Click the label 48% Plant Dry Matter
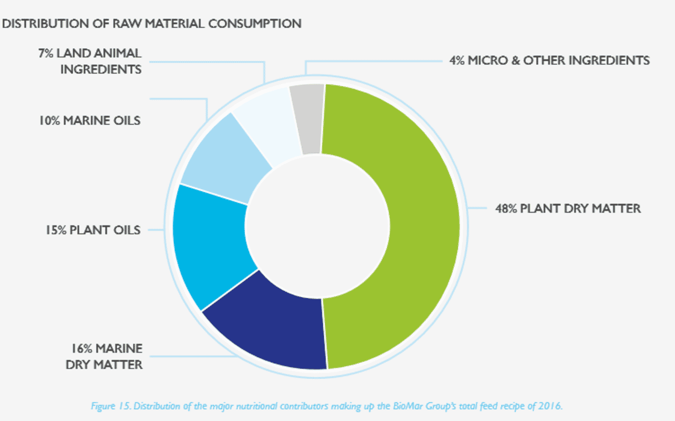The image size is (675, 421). pyautogui.click(x=568, y=208)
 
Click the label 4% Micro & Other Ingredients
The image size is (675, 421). pyautogui.click(x=549, y=60)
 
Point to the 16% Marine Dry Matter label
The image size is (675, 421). pyautogui.click(x=104, y=356)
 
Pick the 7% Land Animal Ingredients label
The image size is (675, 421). pyautogui.click(x=89, y=61)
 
